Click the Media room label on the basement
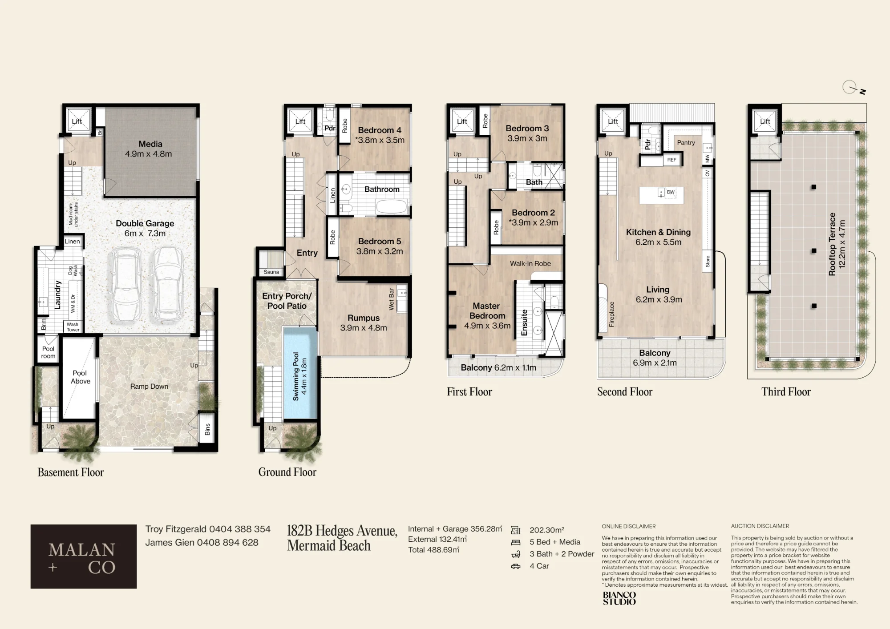click(x=150, y=144)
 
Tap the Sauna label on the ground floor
click(x=271, y=272)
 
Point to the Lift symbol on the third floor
click(x=765, y=121)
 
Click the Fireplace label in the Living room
click(x=612, y=314)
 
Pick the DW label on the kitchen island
click(x=671, y=192)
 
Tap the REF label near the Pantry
click(x=672, y=160)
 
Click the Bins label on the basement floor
click(x=207, y=429)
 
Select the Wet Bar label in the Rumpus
click(x=391, y=299)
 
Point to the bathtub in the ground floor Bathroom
click(x=392, y=207)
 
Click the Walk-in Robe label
click(x=530, y=263)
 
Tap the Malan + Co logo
click(x=84, y=556)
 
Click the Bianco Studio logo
click(x=619, y=598)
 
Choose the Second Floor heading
click(x=625, y=392)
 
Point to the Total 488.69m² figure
click(x=434, y=550)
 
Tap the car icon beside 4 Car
click(x=516, y=566)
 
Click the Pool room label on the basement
click(x=49, y=352)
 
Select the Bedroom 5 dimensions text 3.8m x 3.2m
click(x=380, y=251)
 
